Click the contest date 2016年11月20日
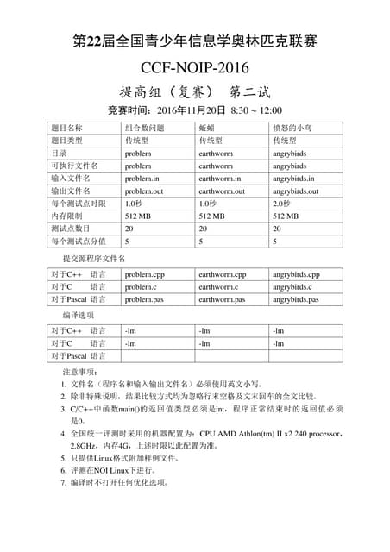pos(192,111)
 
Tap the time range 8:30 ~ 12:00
pos(256,111)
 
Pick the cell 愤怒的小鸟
pos(292,128)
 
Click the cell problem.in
pos(142,179)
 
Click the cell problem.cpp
pos(142,274)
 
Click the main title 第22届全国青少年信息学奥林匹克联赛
pos(194,41)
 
